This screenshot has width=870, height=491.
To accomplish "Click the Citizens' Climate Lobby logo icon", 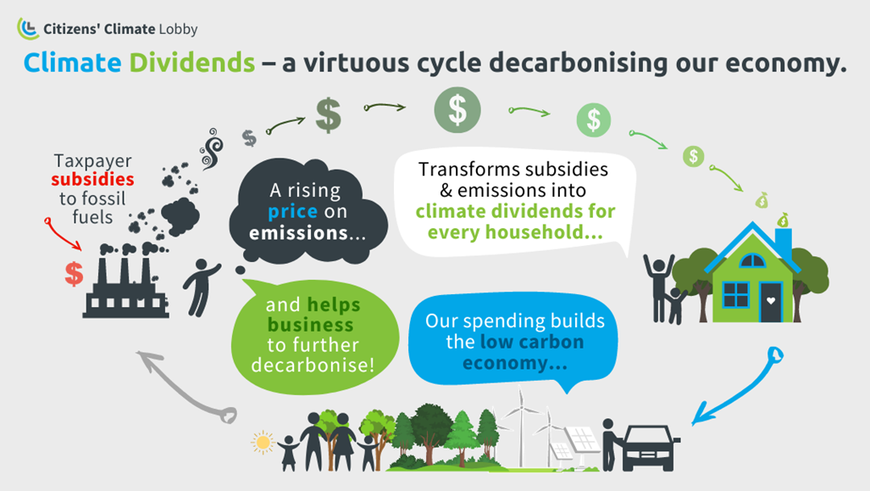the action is pyautogui.click(x=28, y=28).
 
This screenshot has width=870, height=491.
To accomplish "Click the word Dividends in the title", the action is pyautogui.click(x=192, y=62).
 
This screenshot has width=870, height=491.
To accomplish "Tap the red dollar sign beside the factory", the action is pyautogui.click(x=74, y=274).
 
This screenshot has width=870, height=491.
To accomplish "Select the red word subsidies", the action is pyautogui.click(x=92, y=179).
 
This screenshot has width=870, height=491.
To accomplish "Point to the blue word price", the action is pyautogui.click(x=292, y=212).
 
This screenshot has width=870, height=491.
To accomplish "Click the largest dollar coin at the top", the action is pyautogui.click(x=457, y=110).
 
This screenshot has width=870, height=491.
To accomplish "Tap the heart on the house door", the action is pyautogui.click(x=771, y=300).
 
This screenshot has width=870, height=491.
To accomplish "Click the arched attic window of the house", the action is pyautogui.click(x=752, y=260).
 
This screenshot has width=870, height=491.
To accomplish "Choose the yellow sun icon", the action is pyautogui.click(x=263, y=443).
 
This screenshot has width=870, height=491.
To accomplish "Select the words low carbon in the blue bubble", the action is pyautogui.click(x=532, y=342).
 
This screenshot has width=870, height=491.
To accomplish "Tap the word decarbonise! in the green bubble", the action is pyautogui.click(x=313, y=365).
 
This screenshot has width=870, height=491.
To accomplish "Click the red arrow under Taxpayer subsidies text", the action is pyautogui.click(x=62, y=234).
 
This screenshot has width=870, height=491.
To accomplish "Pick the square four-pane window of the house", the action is pyautogui.click(x=735, y=294).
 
